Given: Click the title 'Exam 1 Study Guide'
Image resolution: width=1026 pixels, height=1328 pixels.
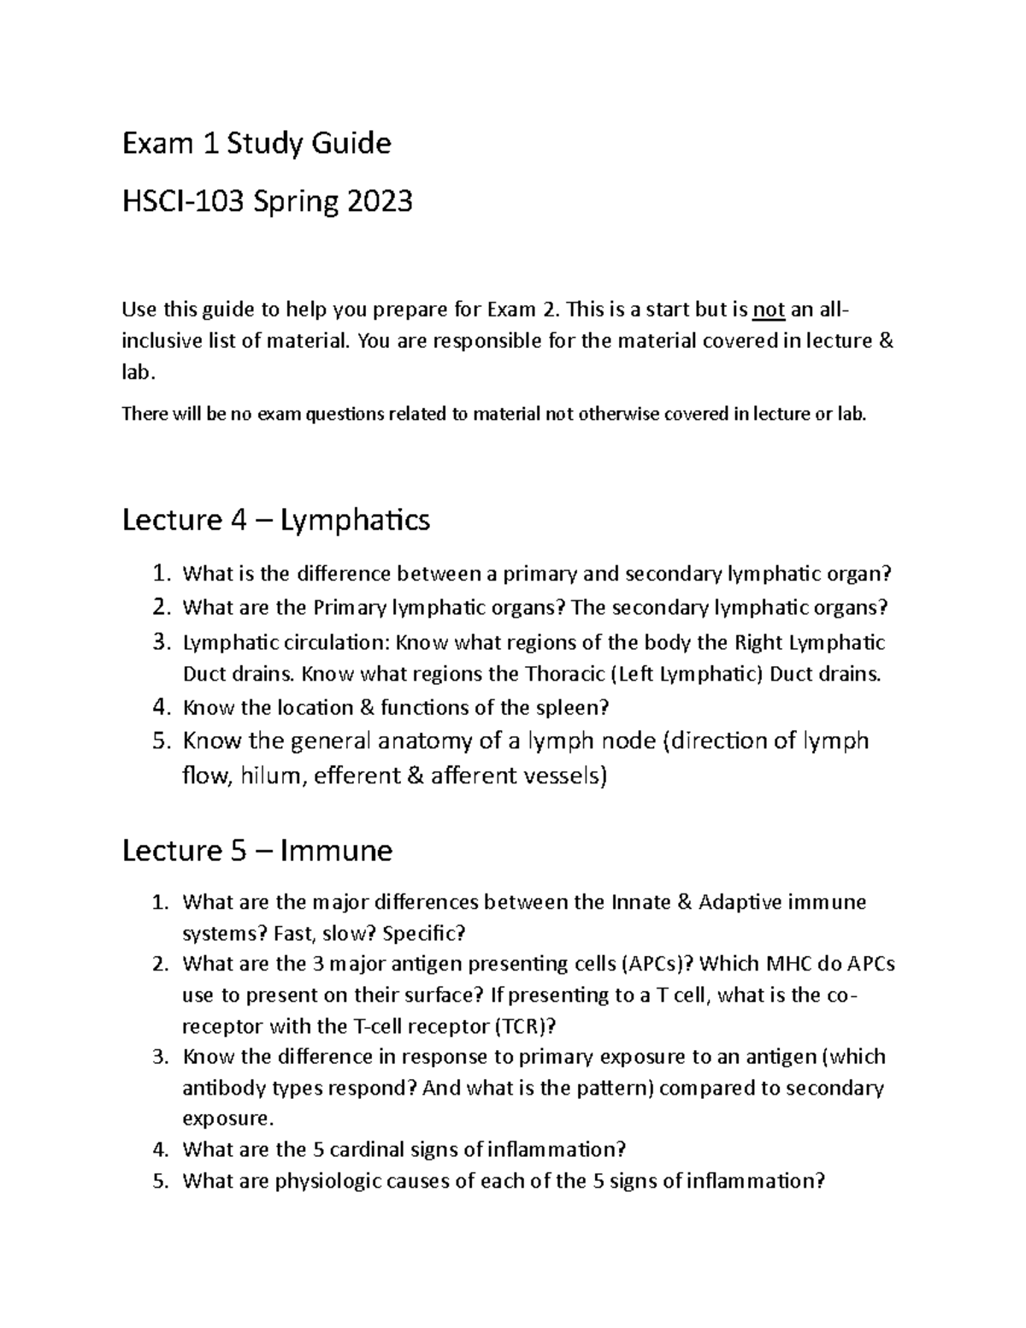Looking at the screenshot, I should coord(256,144).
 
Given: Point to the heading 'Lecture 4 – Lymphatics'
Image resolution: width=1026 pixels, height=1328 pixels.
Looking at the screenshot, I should coord(276,519).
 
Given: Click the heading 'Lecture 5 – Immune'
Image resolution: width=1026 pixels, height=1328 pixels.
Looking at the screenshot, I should coord(257,850).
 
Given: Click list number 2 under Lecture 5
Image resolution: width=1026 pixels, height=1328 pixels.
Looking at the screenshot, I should coord(160,964).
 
